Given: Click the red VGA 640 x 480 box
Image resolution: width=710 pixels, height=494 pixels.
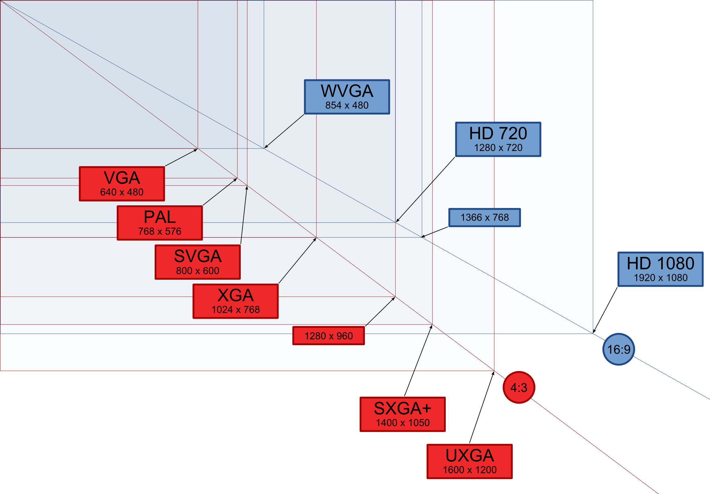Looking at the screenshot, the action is [x=122, y=184].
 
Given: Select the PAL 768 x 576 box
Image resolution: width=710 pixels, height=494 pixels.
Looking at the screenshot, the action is [x=160, y=223].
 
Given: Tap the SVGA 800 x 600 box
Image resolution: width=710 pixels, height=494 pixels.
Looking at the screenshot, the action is [x=198, y=262].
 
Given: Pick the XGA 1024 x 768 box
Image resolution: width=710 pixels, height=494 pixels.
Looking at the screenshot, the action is [x=236, y=301].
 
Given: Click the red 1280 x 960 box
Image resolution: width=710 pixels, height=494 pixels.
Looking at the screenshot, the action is [x=329, y=336].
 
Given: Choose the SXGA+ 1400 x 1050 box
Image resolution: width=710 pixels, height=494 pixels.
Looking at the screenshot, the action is [x=403, y=414].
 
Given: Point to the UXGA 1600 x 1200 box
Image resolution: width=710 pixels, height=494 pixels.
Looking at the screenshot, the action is [x=470, y=462].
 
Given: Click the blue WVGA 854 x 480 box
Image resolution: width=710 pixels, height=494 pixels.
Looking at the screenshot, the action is [x=347, y=97].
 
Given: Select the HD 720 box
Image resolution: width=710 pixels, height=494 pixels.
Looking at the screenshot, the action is [x=498, y=139].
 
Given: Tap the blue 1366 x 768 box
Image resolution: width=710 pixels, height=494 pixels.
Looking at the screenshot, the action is [x=485, y=217].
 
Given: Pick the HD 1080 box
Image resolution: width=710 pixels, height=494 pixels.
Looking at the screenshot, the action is [x=661, y=269].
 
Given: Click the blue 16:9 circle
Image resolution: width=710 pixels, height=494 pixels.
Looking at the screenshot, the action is [x=619, y=349].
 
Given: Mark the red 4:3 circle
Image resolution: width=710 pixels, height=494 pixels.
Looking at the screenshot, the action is [x=519, y=387].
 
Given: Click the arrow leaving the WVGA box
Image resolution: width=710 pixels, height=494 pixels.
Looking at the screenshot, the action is [x=284, y=132].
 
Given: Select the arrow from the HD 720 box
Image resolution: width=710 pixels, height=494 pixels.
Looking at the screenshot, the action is [x=425, y=190].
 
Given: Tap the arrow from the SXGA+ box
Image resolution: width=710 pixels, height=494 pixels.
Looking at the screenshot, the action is [x=418, y=360].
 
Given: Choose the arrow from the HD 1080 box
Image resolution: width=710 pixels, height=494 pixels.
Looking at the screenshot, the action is [x=605, y=310].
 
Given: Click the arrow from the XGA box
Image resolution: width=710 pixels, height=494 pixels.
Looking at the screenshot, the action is [x=298, y=261].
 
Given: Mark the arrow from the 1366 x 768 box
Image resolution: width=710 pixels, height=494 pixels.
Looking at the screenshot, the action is [x=435, y=232].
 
